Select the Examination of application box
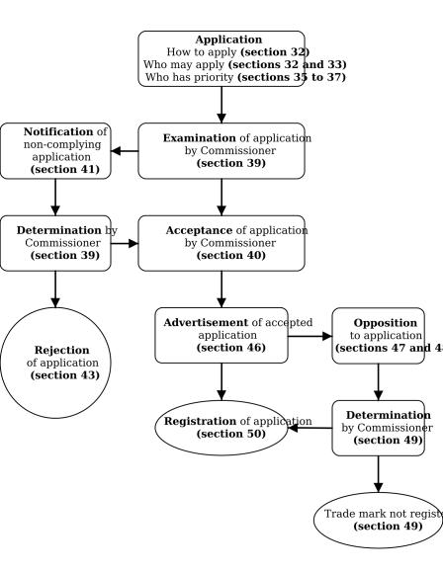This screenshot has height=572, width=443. click(x=221, y=150)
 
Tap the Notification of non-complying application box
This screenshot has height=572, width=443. click(x=54, y=150)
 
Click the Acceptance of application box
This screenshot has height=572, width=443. click(x=221, y=243)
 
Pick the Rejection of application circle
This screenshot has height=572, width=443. click(x=55, y=363)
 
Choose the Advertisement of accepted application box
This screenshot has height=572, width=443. click(x=221, y=335)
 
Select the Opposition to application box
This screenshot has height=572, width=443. click(x=379, y=335)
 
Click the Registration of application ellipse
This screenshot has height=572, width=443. click(x=221, y=427)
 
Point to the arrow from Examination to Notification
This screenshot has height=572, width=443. click(x=124, y=151)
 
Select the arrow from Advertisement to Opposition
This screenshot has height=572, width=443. click(x=310, y=336)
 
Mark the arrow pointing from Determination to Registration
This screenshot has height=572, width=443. click(x=310, y=428)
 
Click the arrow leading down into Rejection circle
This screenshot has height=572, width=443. click(x=55, y=288)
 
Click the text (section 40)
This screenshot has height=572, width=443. click(x=230, y=256)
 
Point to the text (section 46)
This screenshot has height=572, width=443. click(x=230, y=348)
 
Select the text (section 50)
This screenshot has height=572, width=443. click(x=230, y=434)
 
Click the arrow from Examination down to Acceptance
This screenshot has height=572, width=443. click(x=221, y=197)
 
